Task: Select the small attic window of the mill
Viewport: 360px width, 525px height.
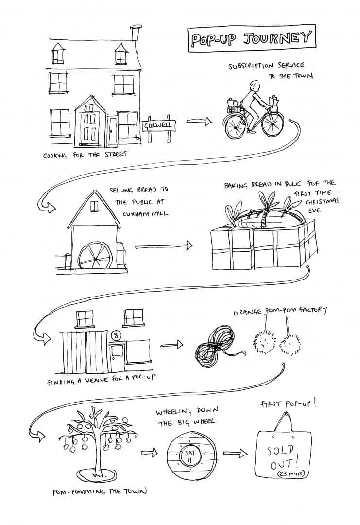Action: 94,206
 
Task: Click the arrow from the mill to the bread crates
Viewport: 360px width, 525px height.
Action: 164,246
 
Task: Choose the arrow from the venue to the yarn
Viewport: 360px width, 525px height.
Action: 171,345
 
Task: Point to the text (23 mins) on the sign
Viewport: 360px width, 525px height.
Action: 291,473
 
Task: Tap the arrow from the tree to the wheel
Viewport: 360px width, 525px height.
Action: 149,453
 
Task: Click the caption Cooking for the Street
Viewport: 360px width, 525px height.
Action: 86,155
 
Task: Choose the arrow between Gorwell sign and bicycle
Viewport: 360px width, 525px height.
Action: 199,121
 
